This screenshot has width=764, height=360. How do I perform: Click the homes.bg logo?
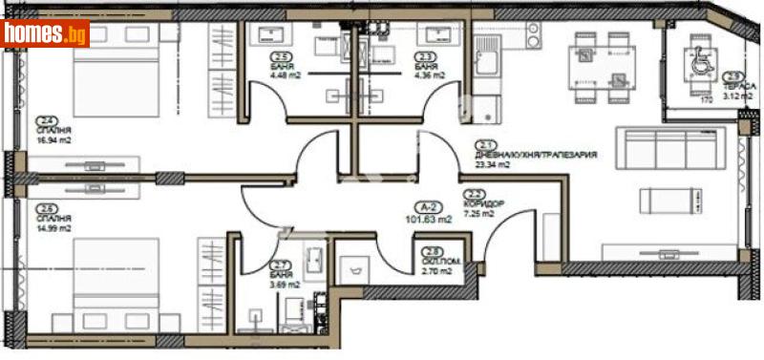pyautogui.click(x=45, y=34)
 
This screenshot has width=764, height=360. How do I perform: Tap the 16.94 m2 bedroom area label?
pyautogui.click(x=53, y=139)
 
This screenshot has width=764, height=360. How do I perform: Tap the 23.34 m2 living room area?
pyautogui.click(x=494, y=164)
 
